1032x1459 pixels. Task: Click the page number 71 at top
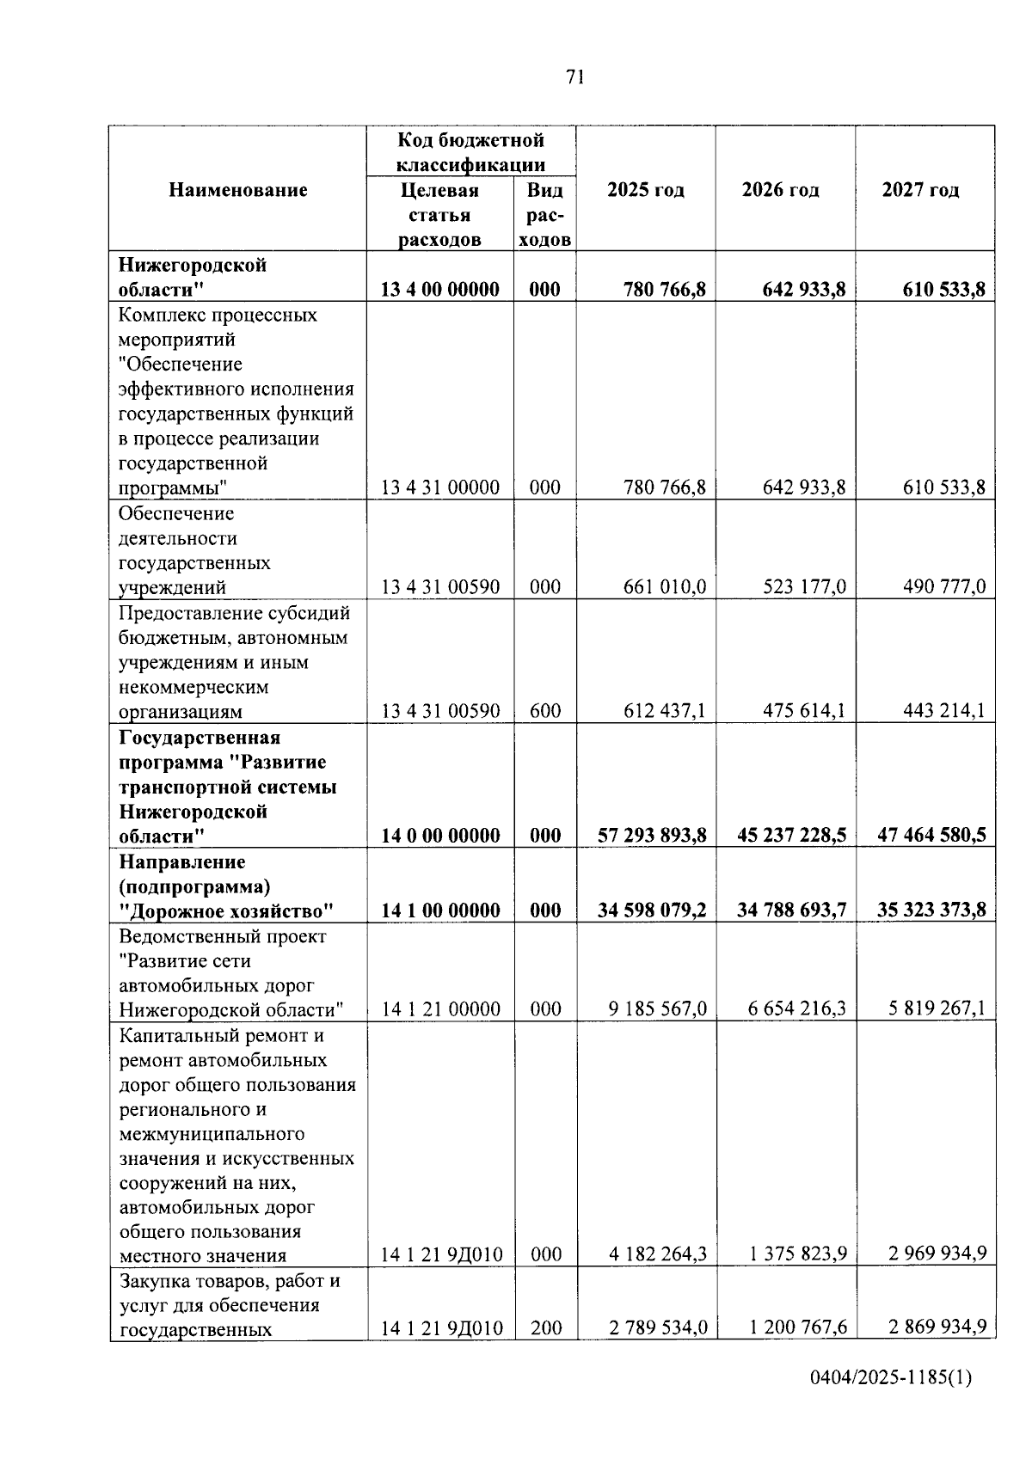(575, 77)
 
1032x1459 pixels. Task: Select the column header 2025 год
(645, 190)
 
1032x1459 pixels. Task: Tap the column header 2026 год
(780, 190)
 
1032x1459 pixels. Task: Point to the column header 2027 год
(920, 190)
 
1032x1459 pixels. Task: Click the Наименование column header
(237, 190)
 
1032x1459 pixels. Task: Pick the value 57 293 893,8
(652, 835)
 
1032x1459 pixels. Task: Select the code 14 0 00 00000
(440, 836)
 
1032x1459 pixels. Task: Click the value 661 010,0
(665, 587)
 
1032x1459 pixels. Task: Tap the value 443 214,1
(943, 711)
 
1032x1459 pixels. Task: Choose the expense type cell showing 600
(545, 711)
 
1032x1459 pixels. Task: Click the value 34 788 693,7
(791, 910)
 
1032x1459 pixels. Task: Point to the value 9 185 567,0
(658, 1008)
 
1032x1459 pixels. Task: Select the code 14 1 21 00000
(440, 1009)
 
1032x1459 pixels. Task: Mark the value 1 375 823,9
(798, 1254)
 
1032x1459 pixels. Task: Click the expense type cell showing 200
(545, 1328)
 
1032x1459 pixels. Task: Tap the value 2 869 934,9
(937, 1328)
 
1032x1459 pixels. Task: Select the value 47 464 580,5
(931, 835)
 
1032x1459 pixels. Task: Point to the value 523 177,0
(804, 587)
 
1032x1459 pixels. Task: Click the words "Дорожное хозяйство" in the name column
(226, 910)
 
